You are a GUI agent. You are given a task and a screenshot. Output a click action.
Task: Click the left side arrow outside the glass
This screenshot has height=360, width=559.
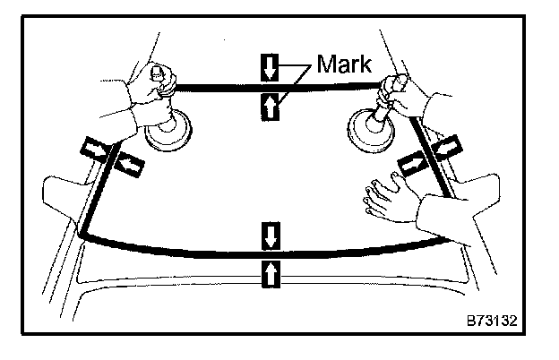pos(92,147)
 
